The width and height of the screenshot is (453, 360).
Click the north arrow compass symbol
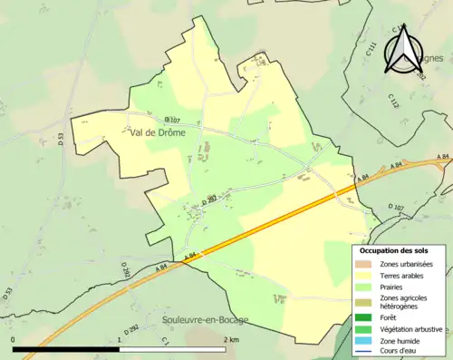point(402,49)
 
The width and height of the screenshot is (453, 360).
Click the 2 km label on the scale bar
point(231,339)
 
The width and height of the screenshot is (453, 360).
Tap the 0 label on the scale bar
point(14,339)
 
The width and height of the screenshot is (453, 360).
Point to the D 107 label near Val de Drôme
point(174,120)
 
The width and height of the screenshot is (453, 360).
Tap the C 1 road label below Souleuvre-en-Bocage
point(165,340)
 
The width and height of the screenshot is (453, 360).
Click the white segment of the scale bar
point(172,348)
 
